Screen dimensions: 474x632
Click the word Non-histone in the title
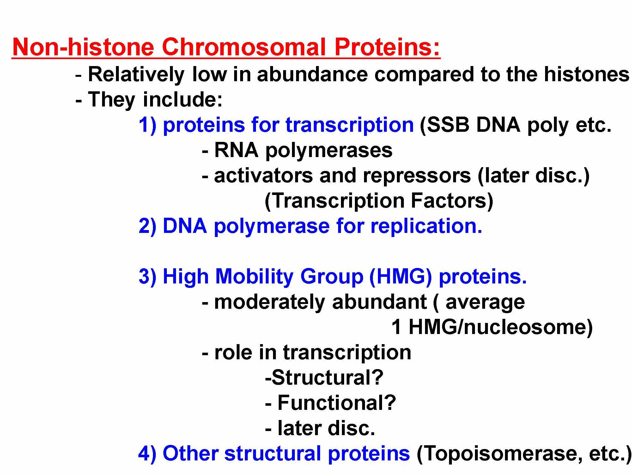(83, 47)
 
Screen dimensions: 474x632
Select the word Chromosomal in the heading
(243, 47)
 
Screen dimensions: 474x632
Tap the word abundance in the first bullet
(312, 75)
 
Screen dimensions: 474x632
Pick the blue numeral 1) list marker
(147, 125)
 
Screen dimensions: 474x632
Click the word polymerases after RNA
(329, 150)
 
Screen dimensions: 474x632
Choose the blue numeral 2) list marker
(147, 226)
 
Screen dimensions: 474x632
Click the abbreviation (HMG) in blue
(400, 276)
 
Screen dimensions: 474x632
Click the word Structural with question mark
(324, 378)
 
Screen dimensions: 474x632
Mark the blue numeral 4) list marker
(147, 453)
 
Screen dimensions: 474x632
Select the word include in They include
(182, 100)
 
